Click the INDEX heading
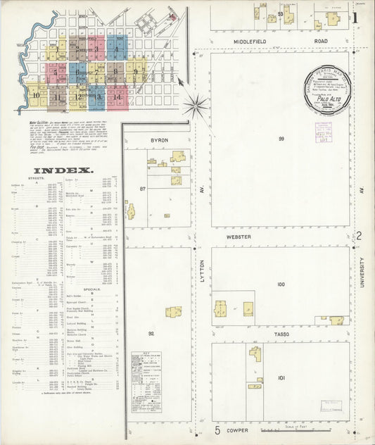63,170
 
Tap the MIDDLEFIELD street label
261,42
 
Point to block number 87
143,189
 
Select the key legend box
146,380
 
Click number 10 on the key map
36,95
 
